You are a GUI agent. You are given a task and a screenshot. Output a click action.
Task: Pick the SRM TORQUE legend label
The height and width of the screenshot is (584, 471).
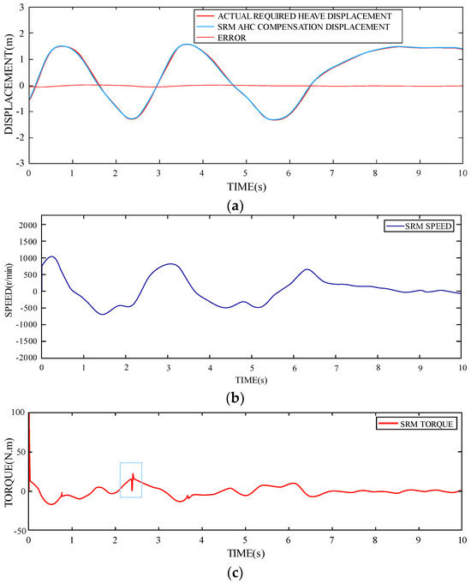[426, 424]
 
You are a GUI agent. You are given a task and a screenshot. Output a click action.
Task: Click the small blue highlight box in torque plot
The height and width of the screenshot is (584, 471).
[131, 479]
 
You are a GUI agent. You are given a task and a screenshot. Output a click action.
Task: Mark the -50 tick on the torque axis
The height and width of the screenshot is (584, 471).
[16, 532]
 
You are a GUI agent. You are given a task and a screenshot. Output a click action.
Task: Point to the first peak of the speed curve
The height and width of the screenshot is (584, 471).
[51, 256]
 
